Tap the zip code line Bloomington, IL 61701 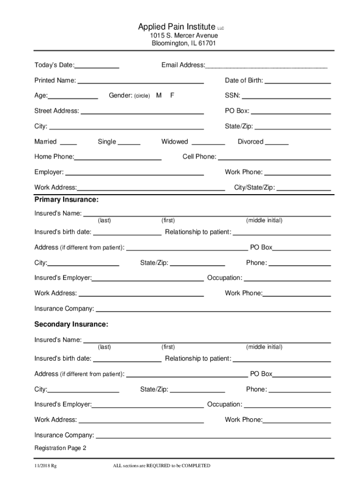184,44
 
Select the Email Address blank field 266,66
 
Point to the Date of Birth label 244,80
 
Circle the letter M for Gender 159,95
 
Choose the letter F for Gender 172,95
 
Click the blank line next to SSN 286,97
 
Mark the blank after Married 69,143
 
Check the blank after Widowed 208,143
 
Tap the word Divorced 251,142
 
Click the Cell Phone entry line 274,158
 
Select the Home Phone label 54,157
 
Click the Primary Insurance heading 66,200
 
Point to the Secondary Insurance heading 71,324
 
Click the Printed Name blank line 140,82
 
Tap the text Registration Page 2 60,448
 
